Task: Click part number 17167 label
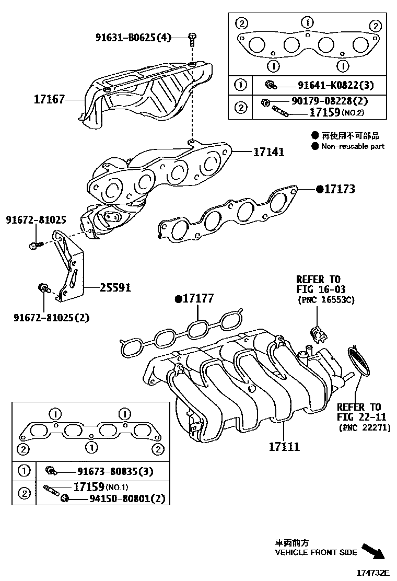point(50,99)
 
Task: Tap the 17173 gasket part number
point(339,189)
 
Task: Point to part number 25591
point(115,287)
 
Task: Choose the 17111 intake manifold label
point(284,447)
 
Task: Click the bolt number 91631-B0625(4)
point(133,37)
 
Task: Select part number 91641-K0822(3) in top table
point(336,85)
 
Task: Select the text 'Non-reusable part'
point(353,146)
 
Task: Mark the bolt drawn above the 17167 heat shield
point(192,37)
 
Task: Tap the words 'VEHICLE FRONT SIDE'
point(316,552)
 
